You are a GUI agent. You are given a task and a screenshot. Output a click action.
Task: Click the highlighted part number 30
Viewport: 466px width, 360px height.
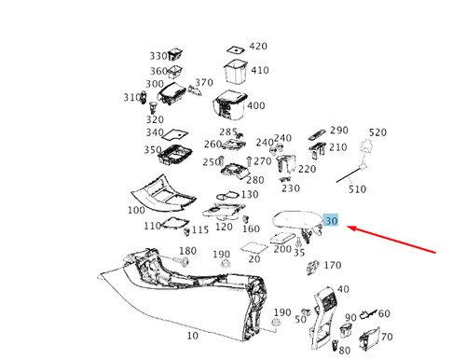331,221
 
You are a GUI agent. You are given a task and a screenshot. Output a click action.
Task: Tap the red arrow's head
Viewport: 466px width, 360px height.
351,228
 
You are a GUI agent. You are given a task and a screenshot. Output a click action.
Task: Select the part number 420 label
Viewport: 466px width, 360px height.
258,47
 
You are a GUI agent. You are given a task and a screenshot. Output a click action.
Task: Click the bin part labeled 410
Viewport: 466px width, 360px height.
236,72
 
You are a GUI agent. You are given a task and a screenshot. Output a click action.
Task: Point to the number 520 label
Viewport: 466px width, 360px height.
377,132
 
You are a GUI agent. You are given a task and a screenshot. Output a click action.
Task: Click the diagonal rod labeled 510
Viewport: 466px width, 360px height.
349,174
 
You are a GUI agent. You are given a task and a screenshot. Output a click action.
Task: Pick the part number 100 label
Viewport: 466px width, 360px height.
136,210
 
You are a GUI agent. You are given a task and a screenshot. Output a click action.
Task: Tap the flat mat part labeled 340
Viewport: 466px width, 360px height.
175,134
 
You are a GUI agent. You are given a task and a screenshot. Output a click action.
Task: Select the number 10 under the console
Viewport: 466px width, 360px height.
193,336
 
